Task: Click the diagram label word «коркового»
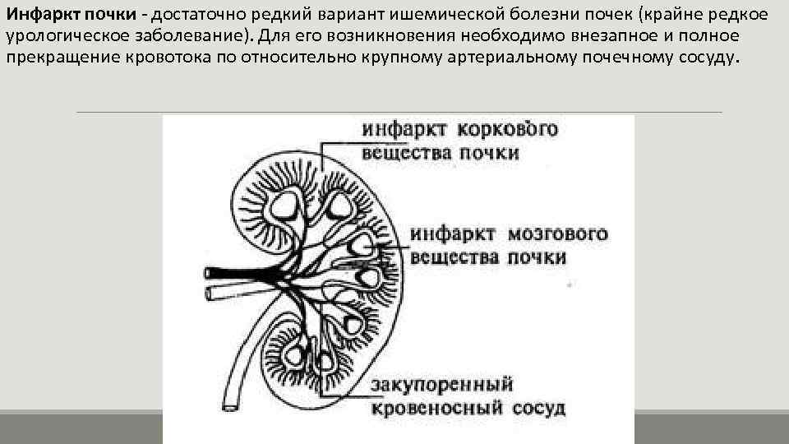(507, 129)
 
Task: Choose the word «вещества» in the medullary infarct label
(454, 257)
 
